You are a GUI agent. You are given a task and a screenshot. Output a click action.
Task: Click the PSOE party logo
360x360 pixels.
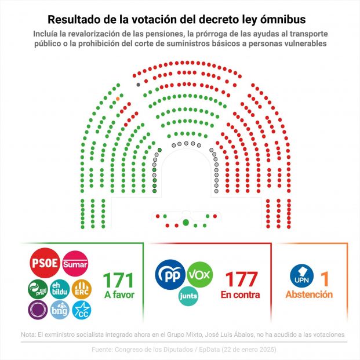tap(43, 263)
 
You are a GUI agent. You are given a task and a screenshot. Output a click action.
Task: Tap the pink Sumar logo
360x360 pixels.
tap(75, 263)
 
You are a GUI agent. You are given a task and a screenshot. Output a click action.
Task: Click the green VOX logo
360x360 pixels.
tap(200, 274)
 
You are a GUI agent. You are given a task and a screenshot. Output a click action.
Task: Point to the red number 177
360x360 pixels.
tap(241, 279)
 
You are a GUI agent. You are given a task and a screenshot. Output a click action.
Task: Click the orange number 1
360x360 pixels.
tap(325, 279)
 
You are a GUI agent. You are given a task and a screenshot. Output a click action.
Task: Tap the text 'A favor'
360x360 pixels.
tap(118, 294)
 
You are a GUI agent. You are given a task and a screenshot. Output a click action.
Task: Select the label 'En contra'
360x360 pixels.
tap(240, 294)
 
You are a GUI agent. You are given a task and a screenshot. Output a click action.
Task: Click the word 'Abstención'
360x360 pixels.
tap(309, 294)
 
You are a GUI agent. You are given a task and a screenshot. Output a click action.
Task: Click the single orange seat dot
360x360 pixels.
tap(118, 99)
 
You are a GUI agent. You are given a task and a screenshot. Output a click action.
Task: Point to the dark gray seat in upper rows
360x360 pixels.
tap(138, 85)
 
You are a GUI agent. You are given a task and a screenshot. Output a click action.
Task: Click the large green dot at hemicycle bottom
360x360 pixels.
tap(186, 222)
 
